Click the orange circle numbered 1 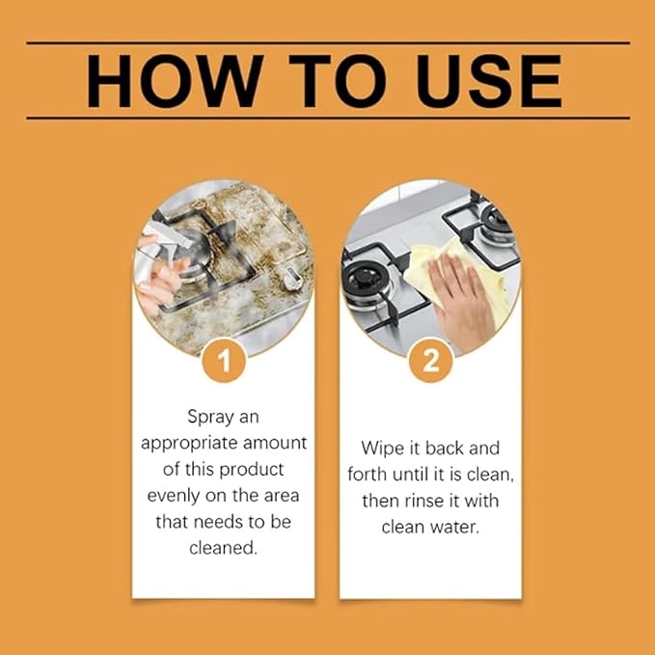click(x=224, y=363)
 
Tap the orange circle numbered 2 click(x=430, y=363)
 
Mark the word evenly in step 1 click(x=174, y=495)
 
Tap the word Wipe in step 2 click(x=381, y=449)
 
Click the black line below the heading click(x=328, y=118)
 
